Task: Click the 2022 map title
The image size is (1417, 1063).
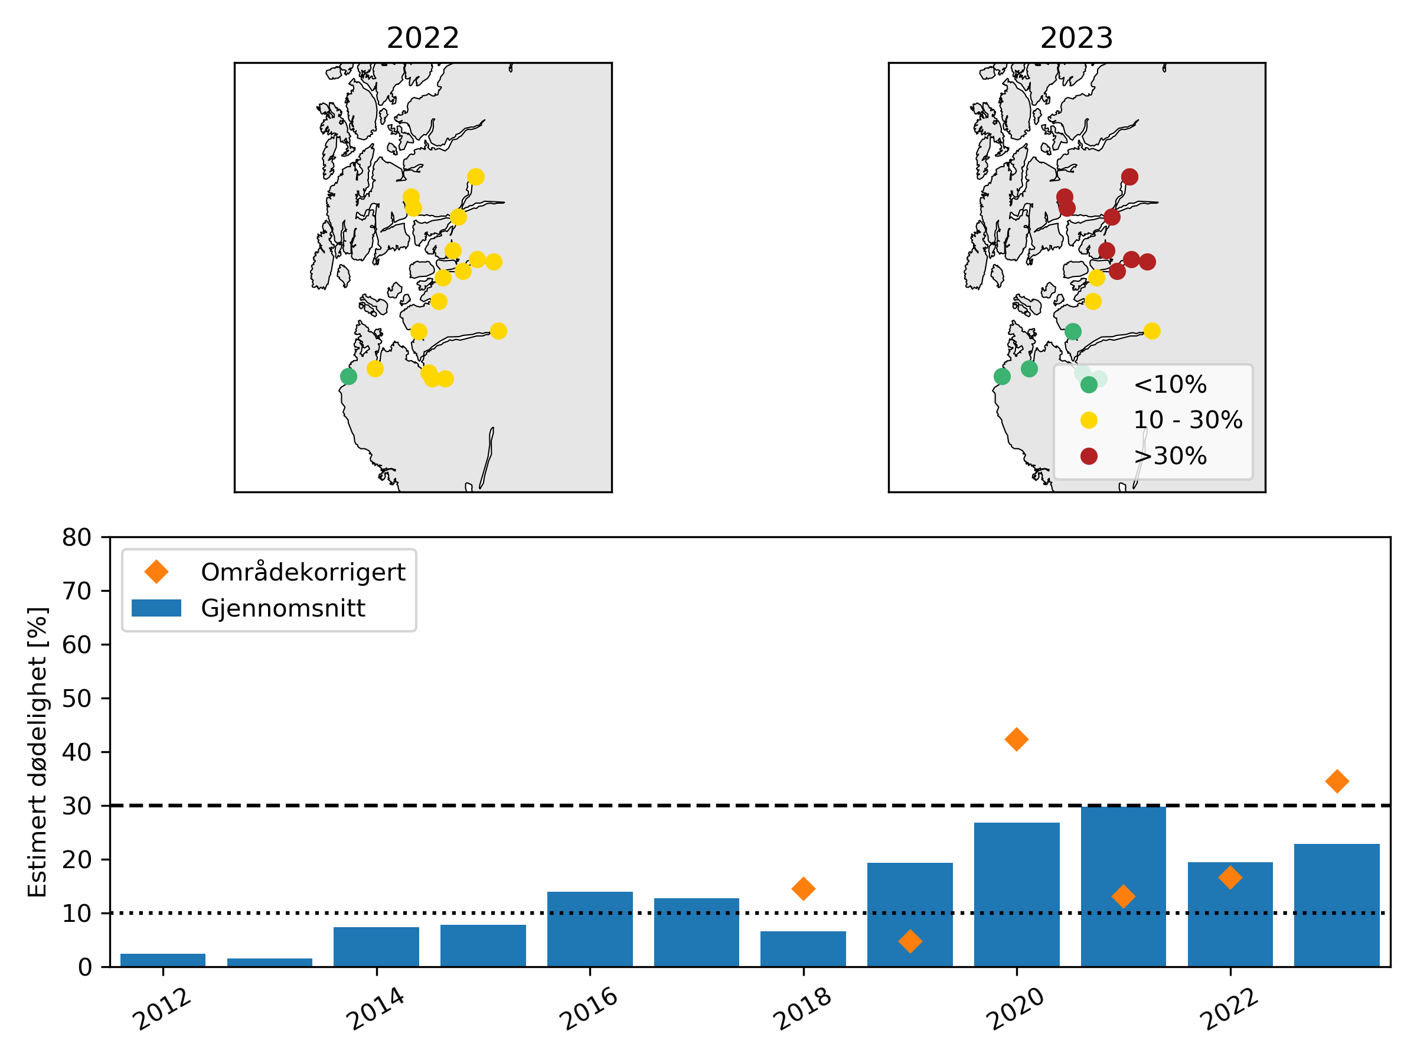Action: [423, 38]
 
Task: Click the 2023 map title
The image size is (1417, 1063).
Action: [1076, 38]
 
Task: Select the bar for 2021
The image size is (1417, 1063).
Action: [1123, 888]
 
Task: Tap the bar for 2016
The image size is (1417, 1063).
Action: [590, 929]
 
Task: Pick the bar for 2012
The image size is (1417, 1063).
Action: [163, 960]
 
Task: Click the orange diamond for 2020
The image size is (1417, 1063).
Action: [1017, 739]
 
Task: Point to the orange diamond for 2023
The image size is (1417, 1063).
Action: [1337, 781]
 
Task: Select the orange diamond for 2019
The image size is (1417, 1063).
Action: [910, 941]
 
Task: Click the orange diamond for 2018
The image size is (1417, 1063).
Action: [804, 889]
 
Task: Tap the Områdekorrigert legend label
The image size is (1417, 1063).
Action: [303, 572]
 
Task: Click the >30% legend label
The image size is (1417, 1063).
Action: [1170, 456]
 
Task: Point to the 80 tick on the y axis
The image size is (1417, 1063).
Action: [77, 537]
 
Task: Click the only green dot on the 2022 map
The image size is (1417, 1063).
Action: [348, 376]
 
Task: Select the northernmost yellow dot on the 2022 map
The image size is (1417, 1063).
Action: [475, 177]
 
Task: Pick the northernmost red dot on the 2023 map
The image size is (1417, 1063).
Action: [1129, 177]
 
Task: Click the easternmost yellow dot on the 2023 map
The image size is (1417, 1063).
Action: [1152, 331]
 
